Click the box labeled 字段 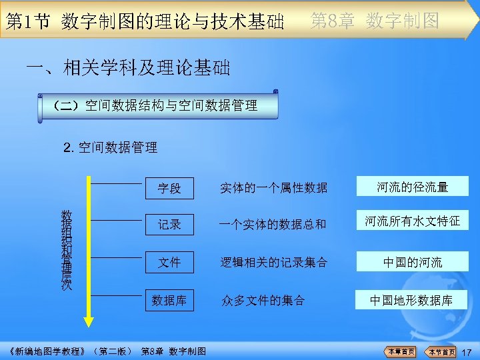(x=170, y=187)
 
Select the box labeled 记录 (x=170, y=224)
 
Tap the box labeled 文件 (x=170, y=262)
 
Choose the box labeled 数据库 (x=170, y=300)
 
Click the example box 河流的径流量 (x=412, y=187)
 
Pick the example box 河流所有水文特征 (x=412, y=221)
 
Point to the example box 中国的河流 (x=412, y=262)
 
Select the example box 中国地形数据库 (x=412, y=300)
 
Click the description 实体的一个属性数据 (x=274, y=188)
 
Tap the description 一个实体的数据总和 (x=274, y=225)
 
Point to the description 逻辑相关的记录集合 (x=274, y=263)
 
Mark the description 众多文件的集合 (x=263, y=301)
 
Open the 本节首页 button (x=441, y=351)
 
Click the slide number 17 (x=466, y=351)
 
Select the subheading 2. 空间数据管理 (x=110, y=148)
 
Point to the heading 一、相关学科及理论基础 (x=127, y=67)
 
